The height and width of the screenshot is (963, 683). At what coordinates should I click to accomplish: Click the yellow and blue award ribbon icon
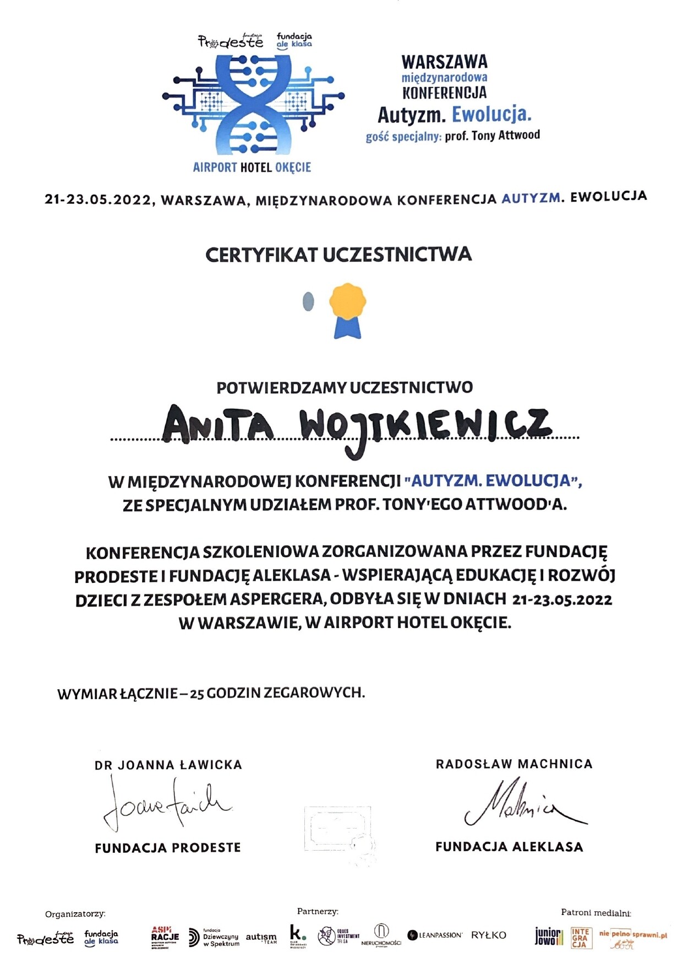point(347,310)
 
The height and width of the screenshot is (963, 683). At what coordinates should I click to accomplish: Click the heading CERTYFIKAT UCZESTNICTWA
point(338,255)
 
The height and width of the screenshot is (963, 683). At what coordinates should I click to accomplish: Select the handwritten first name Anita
point(218,425)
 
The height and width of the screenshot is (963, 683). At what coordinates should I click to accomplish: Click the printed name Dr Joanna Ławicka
point(168,765)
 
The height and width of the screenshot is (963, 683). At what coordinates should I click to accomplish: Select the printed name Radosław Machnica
point(514,764)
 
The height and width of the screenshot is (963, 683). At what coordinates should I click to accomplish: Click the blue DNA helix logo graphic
point(253,105)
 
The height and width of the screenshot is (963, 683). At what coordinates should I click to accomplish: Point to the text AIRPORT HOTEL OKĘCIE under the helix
point(252,167)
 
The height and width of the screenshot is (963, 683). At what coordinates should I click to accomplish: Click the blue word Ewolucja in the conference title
point(491,115)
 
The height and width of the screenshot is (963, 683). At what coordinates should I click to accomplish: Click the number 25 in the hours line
point(196,694)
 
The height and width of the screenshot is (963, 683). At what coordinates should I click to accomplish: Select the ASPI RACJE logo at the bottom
point(165,937)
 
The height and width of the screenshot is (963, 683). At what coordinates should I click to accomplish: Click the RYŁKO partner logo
point(488,935)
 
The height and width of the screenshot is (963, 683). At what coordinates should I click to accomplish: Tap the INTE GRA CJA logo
point(581,937)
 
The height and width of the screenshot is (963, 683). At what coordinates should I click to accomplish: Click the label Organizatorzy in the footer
point(75,914)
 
